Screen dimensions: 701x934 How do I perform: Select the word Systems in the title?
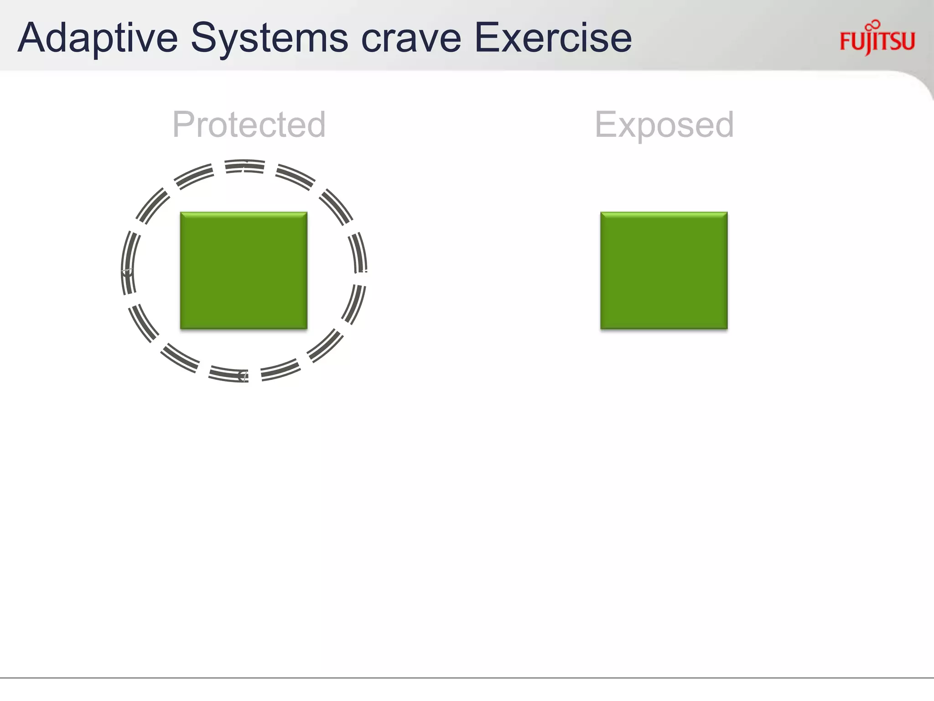tap(269, 38)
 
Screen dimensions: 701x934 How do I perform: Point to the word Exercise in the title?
tap(553, 38)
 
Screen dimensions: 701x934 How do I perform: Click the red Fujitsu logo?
tap(877, 40)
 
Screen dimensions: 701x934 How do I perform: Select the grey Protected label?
tap(249, 124)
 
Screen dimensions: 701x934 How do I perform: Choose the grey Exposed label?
tap(664, 125)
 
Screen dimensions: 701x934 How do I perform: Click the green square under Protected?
tap(244, 270)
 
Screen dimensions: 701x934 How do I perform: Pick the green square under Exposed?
tap(664, 270)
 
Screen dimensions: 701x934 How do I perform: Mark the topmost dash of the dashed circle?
tap(245, 166)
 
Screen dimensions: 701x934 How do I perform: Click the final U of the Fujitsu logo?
tap(908, 41)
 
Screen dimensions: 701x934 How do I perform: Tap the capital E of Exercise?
tap(487, 38)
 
